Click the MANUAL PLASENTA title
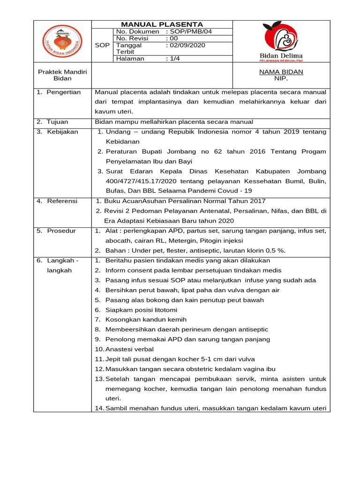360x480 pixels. (x=162, y=24)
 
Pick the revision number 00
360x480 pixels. (x=172, y=38)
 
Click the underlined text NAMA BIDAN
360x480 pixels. (x=281, y=72)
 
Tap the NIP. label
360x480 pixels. (x=281, y=79)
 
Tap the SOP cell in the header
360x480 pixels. (x=102, y=45)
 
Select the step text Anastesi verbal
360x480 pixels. (x=129, y=349)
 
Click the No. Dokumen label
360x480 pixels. (x=137, y=31)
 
